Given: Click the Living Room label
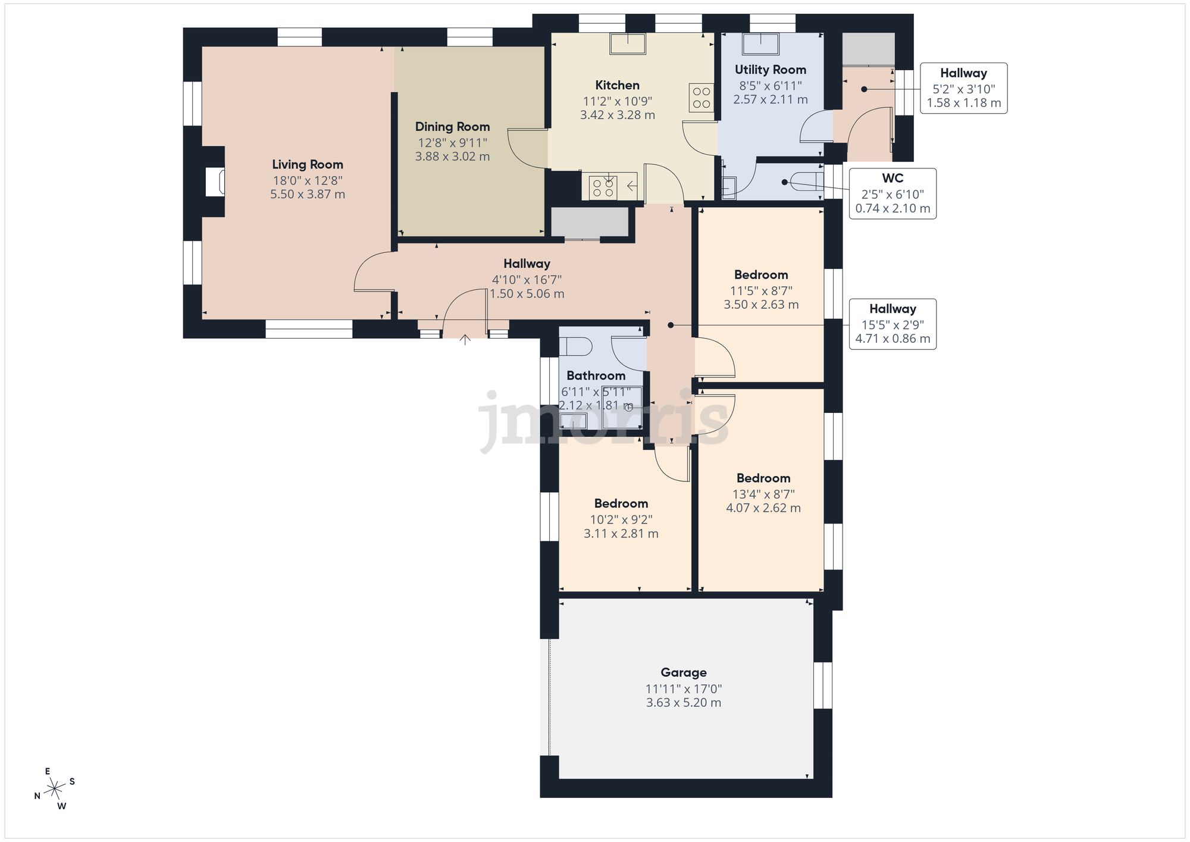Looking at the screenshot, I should (x=308, y=164).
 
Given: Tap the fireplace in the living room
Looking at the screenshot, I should (x=215, y=181).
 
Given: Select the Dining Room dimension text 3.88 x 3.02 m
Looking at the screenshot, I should (x=452, y=156).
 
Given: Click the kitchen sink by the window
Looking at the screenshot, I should (x=628, y=43).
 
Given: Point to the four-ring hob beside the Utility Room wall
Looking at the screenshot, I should (x=702, y=98).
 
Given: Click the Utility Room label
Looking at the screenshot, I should (x=770, y=70).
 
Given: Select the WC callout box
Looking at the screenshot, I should (x=892, y=193).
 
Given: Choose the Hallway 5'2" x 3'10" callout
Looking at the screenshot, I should (x=963, y=88).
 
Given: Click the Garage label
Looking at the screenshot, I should (x=684, y=672).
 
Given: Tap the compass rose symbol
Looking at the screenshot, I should (x=55, y=789).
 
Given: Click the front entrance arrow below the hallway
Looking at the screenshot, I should (x=465, y=340).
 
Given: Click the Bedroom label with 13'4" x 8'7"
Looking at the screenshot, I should (x=763, y=478).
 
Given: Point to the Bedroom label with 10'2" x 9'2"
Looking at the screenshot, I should (x=621, y=503).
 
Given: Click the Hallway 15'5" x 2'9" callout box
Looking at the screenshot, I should (x=892, y=324).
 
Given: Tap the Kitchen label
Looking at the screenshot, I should (x=617, y=85).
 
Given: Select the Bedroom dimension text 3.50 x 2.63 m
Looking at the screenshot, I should (x=761, y=305).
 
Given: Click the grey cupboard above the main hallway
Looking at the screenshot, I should (x=589, y=222).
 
